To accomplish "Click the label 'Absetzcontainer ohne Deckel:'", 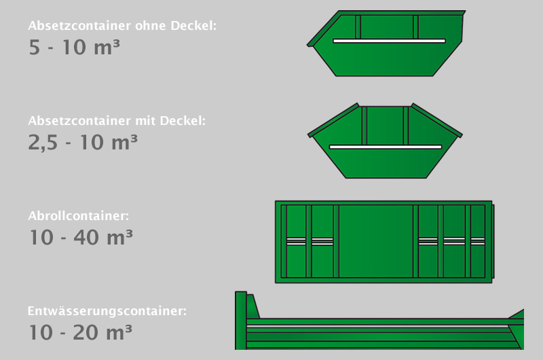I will coord(122,27).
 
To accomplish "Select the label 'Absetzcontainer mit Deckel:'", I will coord(117,121).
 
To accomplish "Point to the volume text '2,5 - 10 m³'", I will coord(83,143).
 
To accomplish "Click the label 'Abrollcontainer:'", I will coord(78,216).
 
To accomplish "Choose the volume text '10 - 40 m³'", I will coord(81,238).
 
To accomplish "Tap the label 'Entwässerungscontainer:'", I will coord(107,311).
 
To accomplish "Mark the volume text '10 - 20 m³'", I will coord(81,333).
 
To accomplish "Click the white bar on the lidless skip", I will coord(389,41).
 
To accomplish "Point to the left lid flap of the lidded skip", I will coord(334,120).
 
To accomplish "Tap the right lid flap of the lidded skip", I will coord(436,120).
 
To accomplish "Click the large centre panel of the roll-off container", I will coord(375,241).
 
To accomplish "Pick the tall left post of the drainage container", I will coord(240,320).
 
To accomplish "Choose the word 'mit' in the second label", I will coord(144,121).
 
